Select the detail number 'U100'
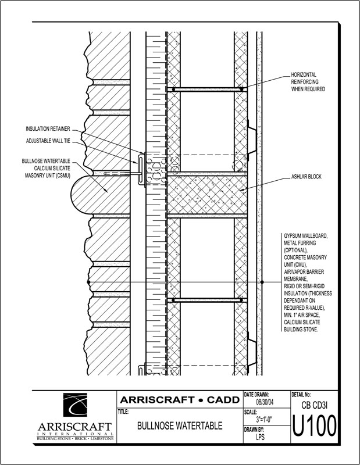point(314,427)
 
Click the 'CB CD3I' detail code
point(314,405)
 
